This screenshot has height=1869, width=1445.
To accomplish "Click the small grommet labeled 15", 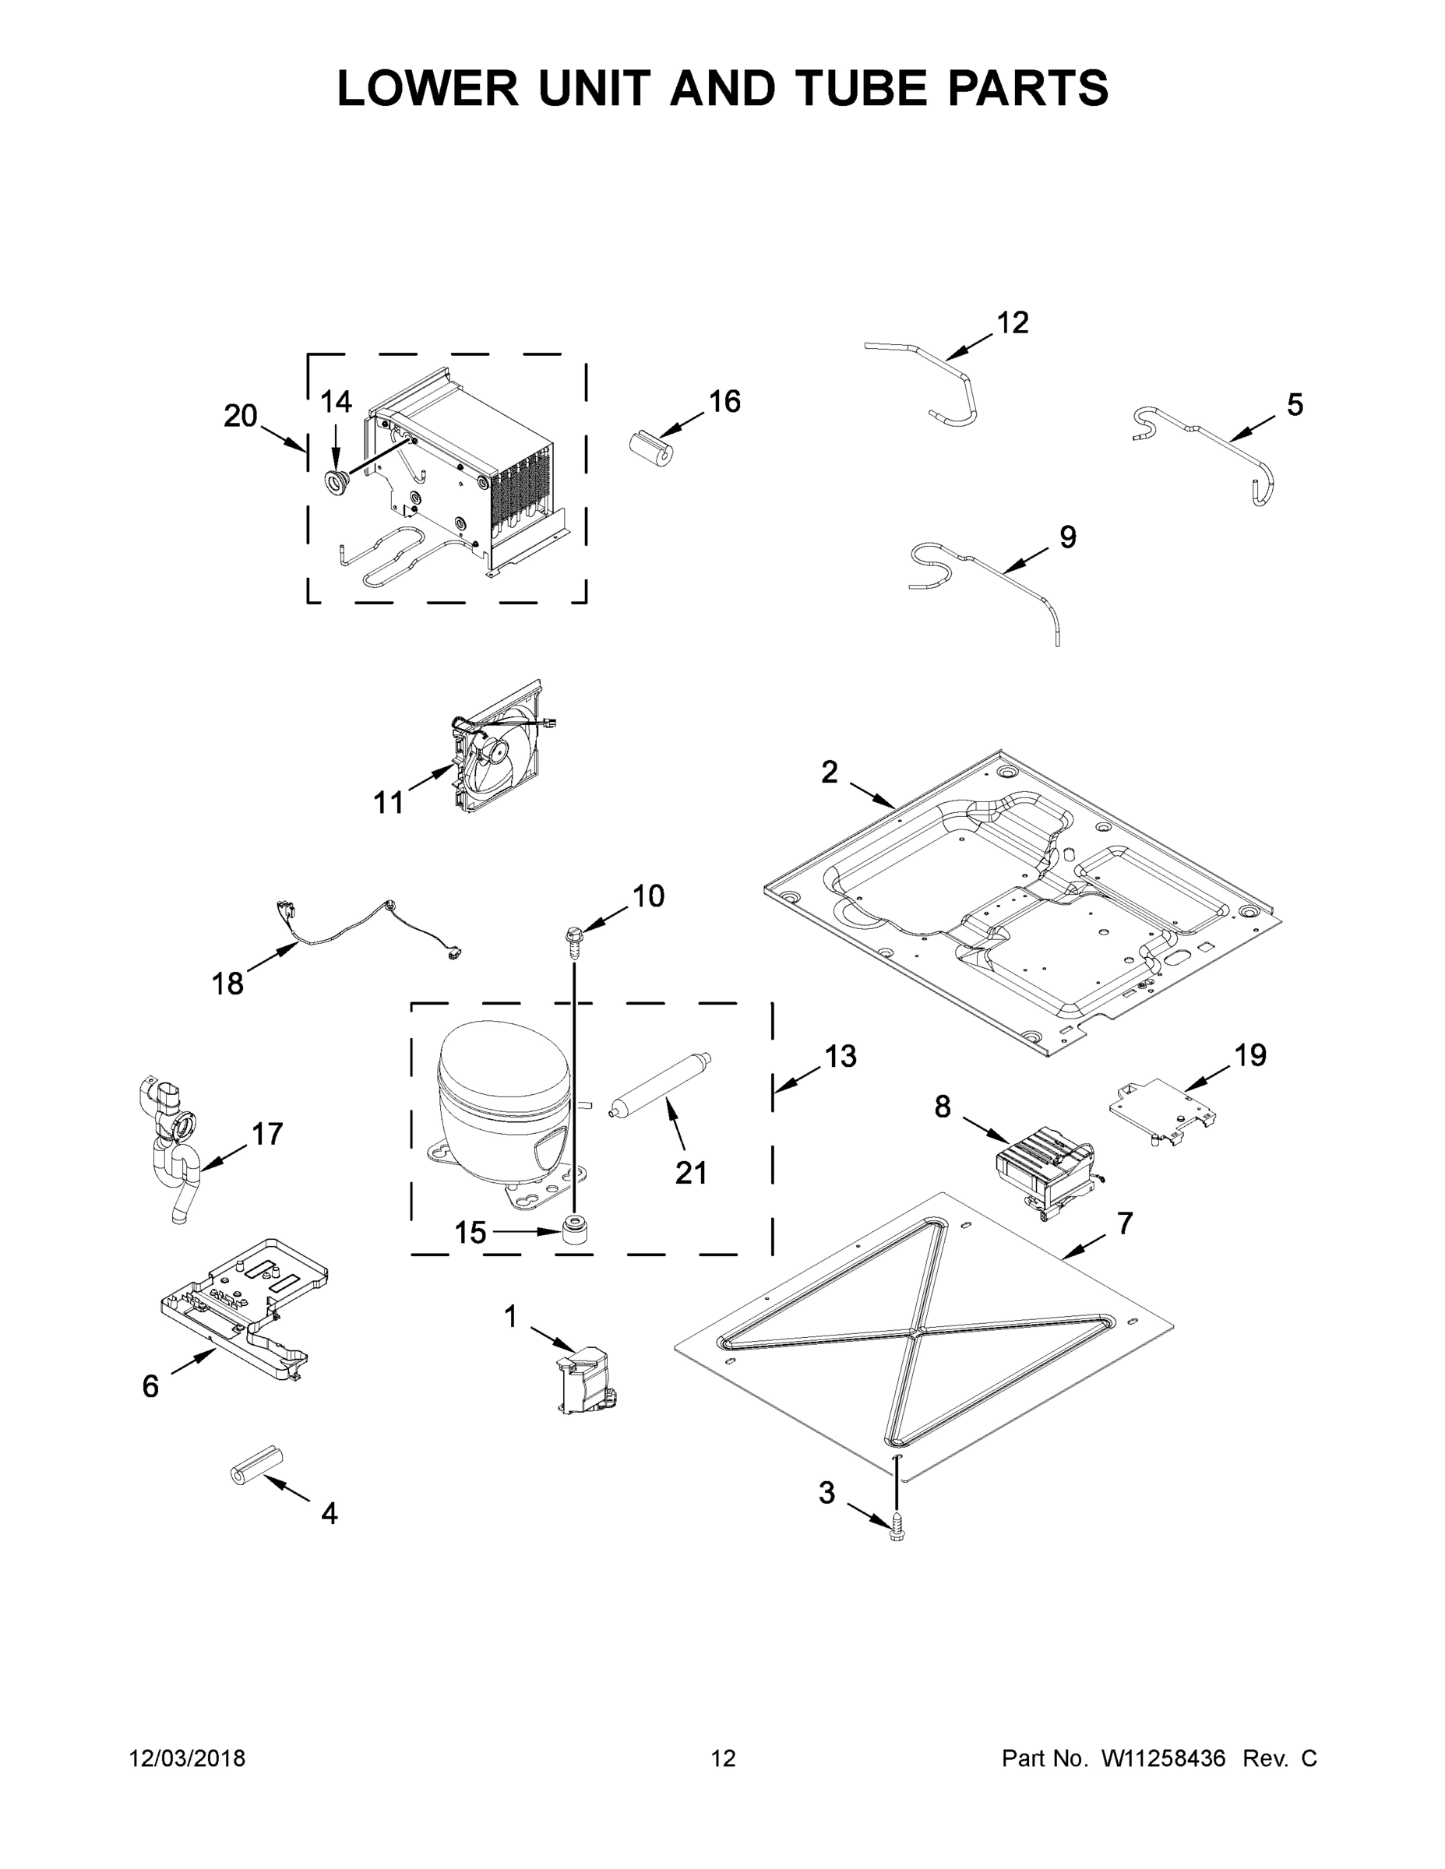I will pos(575,1231).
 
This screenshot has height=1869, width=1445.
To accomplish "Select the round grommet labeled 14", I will pos(337,482).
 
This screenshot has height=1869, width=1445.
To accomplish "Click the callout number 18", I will pos(227,984).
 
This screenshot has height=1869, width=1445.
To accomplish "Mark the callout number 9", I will pos(1067,537).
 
